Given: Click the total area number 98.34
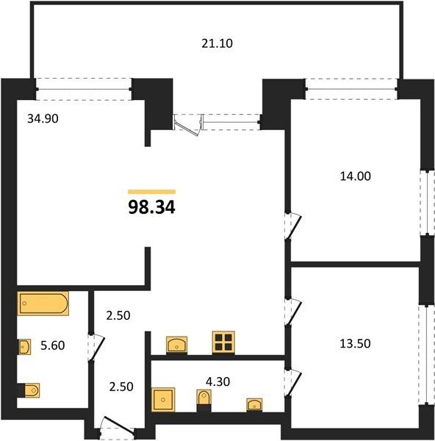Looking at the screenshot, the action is pos(152,207).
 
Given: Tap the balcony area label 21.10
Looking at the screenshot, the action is pos(217,43).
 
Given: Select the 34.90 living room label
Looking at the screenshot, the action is pos(43,118).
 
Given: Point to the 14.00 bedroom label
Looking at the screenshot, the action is pos(356,176).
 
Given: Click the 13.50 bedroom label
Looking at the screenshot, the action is pos(355,344).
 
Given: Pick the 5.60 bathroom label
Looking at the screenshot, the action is pos(53,345).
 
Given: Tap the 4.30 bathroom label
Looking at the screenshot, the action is pos(218,381).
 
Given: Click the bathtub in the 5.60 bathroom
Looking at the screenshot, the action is pos(43,303).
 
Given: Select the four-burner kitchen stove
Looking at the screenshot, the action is pos(223,342).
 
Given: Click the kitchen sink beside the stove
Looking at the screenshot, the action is pos(176,344).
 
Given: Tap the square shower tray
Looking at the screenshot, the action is pos(163,400).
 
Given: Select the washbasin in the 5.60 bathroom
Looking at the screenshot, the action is pos(24,347).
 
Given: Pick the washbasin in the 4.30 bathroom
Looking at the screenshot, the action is pos(254,405).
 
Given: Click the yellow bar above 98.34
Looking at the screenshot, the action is pos(152,192).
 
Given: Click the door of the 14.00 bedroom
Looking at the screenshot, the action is pos(294,226).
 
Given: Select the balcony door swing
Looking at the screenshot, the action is pos(187,125).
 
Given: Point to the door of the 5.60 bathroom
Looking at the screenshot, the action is pos(96,348).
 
